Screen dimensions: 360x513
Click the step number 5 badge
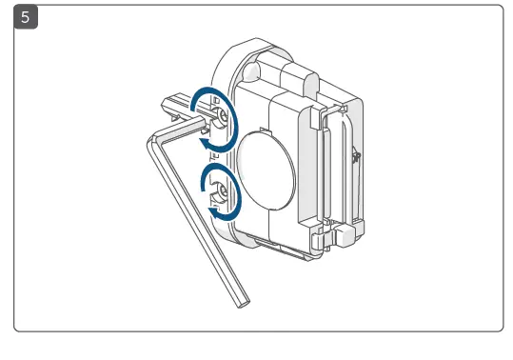click(x=27, y=17)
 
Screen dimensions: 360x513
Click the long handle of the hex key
click(x=196, y=219)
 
